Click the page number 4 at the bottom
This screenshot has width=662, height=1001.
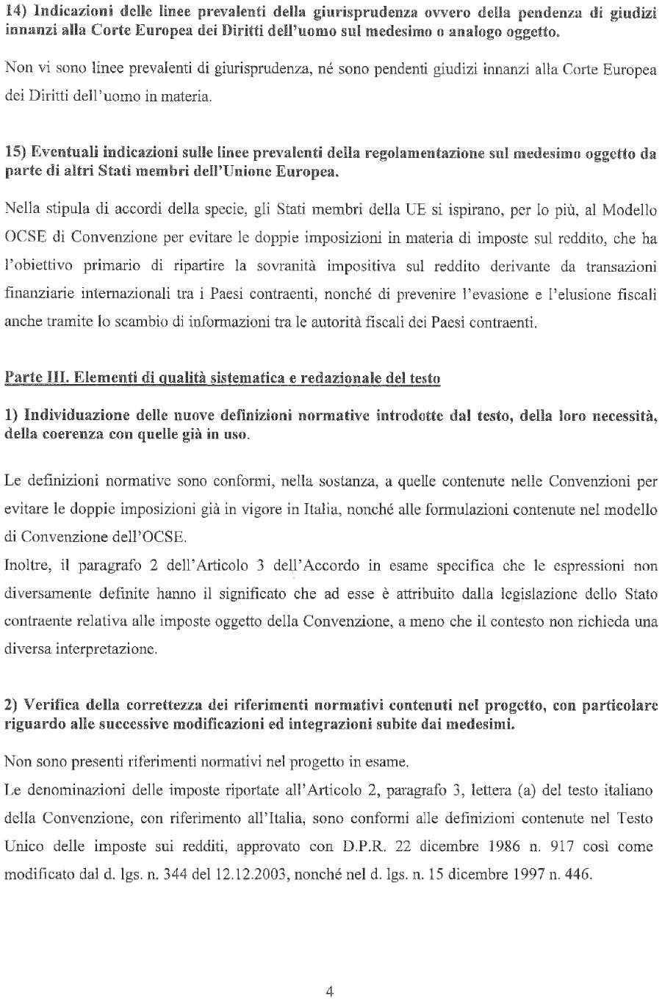330,991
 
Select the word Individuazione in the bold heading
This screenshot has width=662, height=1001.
71,416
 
